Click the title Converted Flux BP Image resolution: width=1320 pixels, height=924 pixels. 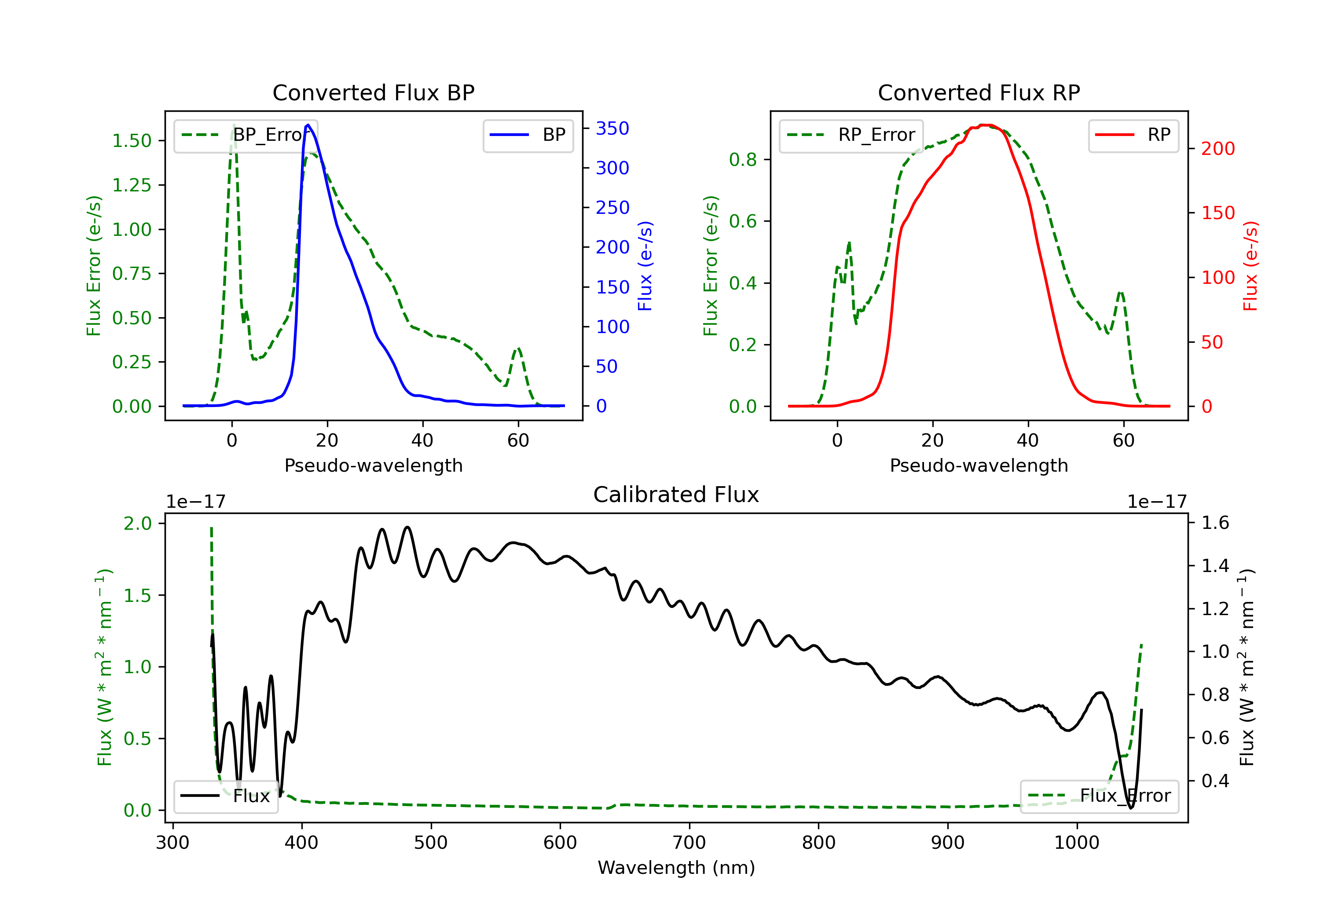[x=373, y=92]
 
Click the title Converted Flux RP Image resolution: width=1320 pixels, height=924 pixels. [x=979, y=92]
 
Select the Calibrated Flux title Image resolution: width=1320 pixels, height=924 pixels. [x=676, y=495]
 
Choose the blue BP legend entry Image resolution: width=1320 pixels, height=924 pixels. [x=528, y=135]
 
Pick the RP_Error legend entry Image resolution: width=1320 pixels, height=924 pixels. [x=851, y=135]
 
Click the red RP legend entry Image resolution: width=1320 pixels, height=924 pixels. [x=1133, y=135]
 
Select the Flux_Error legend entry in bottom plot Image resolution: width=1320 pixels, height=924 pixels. [x=1099, y=796]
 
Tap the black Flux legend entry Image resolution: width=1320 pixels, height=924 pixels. [x=225, y=796]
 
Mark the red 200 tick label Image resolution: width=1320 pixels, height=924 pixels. [x=1217, y=149]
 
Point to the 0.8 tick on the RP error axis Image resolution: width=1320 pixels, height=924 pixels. [x=743, y=159]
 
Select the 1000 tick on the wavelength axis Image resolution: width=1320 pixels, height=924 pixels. [x=1076, y=843]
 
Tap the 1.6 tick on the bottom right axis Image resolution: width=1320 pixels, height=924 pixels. [x=1215, y=523]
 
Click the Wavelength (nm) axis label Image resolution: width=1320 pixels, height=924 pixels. [x=676, y=868]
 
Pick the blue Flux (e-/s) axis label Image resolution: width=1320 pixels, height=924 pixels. [x=645, y=266]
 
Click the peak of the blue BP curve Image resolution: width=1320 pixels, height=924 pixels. [x=308, y=125]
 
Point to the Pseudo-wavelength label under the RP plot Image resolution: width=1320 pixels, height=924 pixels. [x=979, y=465]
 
